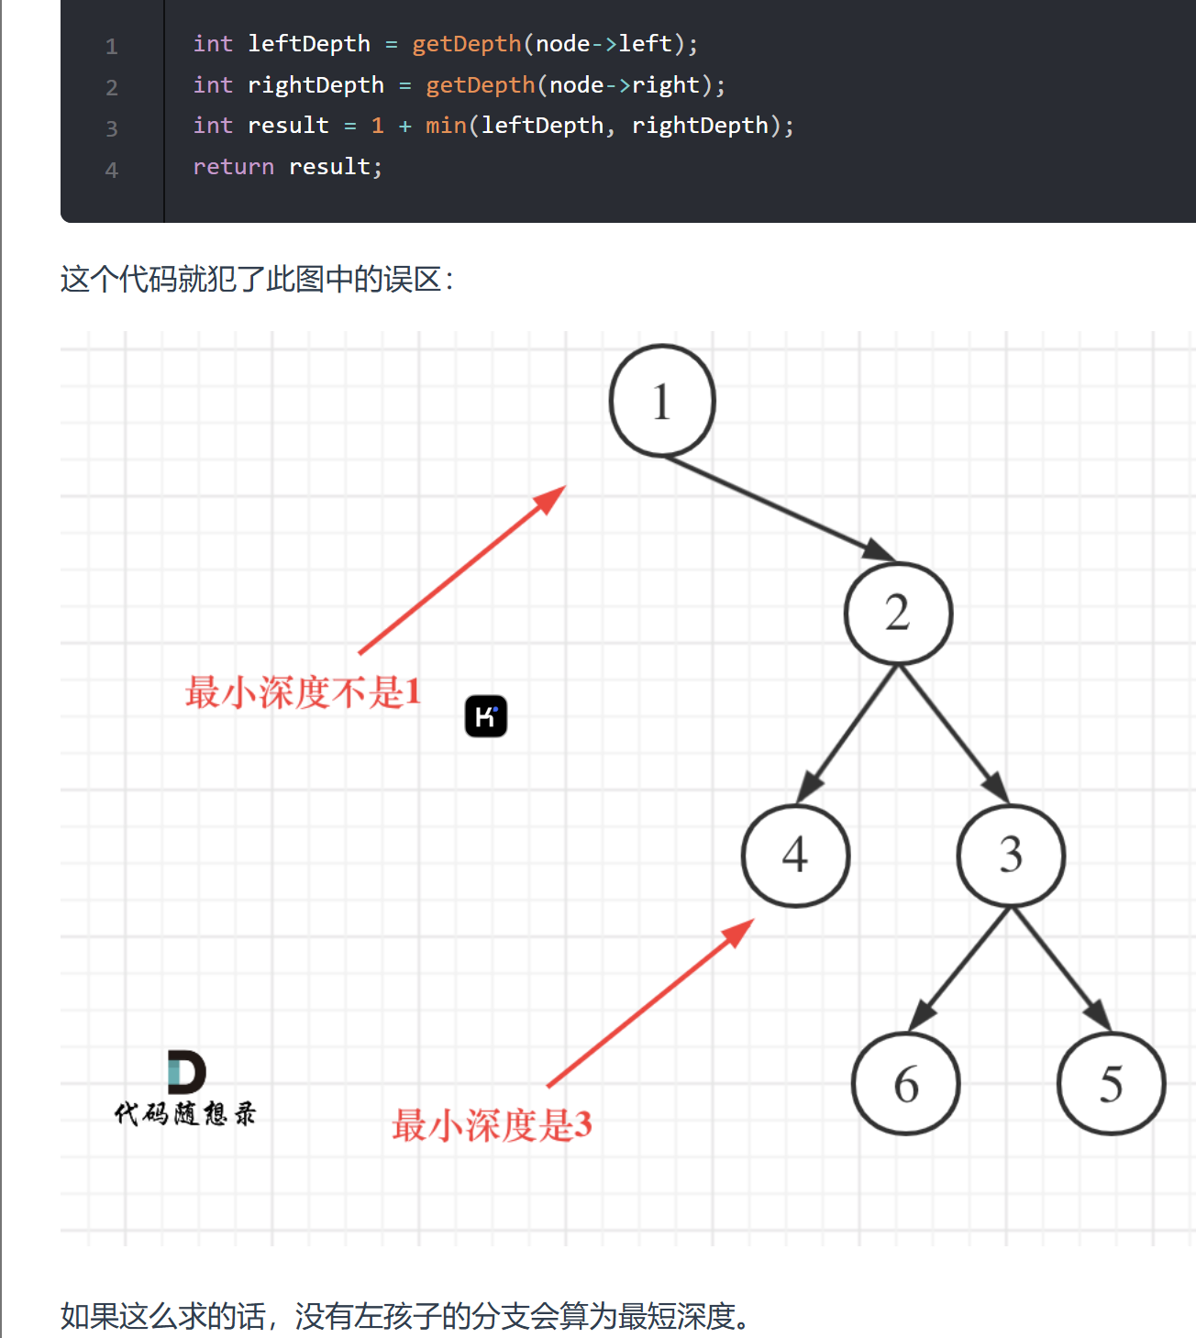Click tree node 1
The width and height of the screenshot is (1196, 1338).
tap(662, 401)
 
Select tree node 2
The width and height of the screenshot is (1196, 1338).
tap(898, 613)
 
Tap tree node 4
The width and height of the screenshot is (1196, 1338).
tap(795, 856)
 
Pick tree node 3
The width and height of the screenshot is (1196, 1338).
tap(1011, 856)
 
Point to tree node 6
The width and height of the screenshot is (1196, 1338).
tap(905, 1084)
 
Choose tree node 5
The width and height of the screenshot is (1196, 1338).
tap(1111, 1084)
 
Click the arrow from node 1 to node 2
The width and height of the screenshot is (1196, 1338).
tap(780, 508)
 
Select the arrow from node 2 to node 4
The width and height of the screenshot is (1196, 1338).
tap(848, 732)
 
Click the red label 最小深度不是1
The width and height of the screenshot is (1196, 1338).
tap(303, 692)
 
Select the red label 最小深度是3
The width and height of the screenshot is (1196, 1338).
tap(492, 1125)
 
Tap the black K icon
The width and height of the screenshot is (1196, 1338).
tap(486, 716)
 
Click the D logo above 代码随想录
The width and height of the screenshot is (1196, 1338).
tap(186, 1072)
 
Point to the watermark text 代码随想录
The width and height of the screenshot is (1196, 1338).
tap(185, 1114)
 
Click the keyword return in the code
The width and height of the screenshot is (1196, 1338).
tap(233, 167)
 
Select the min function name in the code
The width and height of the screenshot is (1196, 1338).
tap(446, 126)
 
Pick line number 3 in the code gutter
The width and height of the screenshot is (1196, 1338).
tap(112, 128)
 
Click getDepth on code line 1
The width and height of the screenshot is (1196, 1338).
tap(466, 44)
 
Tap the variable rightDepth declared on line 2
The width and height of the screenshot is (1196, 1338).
tap(316, 85)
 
